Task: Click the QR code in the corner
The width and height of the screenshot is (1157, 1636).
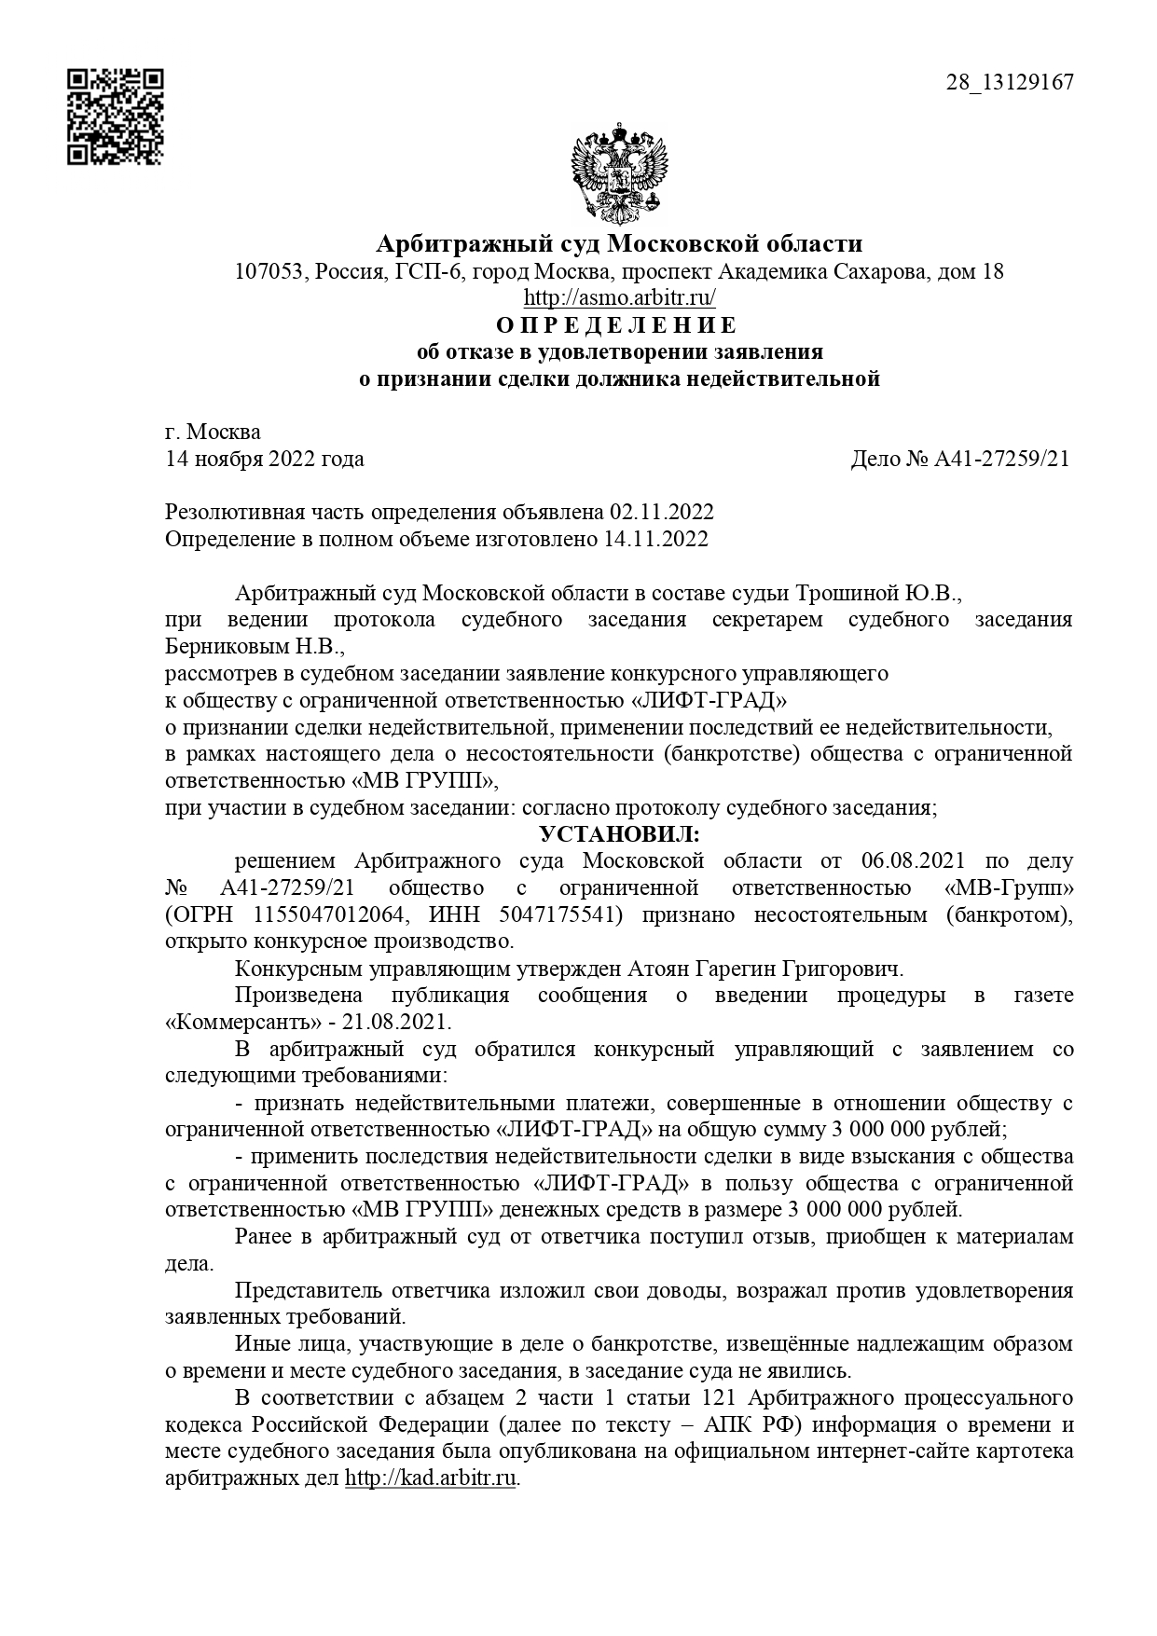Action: (x=115, y=117)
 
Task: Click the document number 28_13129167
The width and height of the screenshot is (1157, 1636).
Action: (x=1010, y=82)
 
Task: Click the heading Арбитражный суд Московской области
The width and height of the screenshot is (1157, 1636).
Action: (x=619, y=244)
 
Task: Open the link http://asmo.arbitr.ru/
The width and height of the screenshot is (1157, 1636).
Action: (x=619, y=298)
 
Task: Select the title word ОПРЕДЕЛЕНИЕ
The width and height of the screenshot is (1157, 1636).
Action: (x=616, y=325)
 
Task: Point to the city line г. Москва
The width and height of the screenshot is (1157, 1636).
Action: (x=213, y=432)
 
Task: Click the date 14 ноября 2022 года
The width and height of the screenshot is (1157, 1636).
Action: (x=265, y=459)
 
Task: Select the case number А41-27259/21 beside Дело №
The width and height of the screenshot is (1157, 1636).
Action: (x=1001, y=459)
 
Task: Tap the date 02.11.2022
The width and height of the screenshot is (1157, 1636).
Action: (x=662, y=513)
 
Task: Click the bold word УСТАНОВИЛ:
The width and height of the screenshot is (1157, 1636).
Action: (x=619, y=833)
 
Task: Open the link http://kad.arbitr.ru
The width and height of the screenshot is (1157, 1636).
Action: (x=430, y=1479)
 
